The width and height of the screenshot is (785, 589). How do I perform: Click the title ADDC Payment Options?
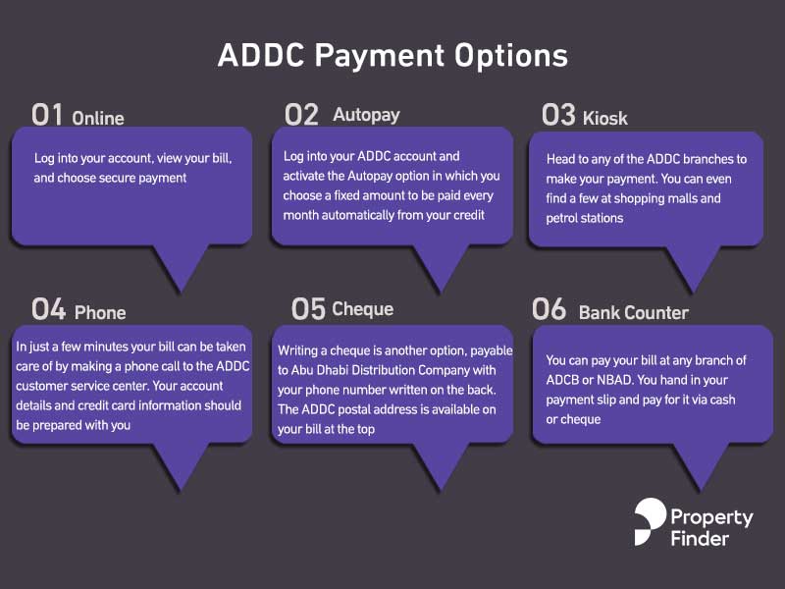coord(393,56)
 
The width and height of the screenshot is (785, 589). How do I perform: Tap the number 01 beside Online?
coord(47,115)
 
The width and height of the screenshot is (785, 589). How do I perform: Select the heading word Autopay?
coord(366,115)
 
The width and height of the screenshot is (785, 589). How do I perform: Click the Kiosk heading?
coord(605,118)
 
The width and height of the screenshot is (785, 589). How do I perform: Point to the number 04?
coord(48,309)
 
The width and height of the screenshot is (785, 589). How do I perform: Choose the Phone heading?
coord(100,312)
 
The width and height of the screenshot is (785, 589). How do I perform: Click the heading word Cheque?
coord(363,309)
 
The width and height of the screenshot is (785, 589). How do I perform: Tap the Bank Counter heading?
coord(634,312)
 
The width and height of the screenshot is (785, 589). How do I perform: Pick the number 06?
coord(549,309)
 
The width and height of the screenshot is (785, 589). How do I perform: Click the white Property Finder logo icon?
coord(650,521)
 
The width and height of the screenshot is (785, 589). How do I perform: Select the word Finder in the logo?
coord(700,539)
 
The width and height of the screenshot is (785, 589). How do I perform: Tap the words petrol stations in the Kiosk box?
coord(585,218)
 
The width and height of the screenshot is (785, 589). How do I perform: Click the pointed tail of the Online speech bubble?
coord(181,290)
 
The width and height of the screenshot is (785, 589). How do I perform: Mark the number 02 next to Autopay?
coord(301,115)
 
